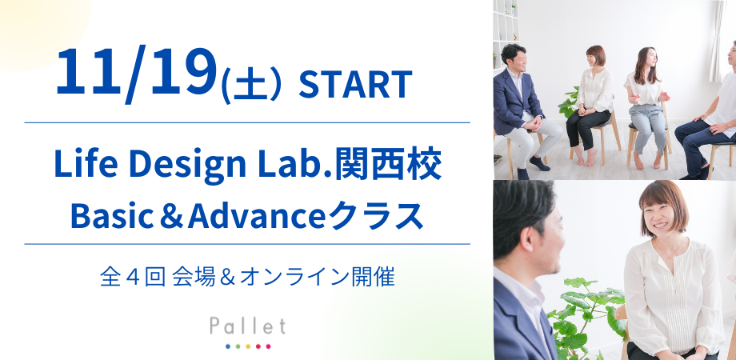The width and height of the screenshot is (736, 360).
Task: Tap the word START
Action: click(355, 83)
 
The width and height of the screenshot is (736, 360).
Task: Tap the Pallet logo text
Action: click(247, 326)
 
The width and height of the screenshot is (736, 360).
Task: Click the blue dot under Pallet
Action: click(227, 346)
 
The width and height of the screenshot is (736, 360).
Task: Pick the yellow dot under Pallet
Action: click(248, 346)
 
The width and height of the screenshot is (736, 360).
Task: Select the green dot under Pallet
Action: click(238, 346)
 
